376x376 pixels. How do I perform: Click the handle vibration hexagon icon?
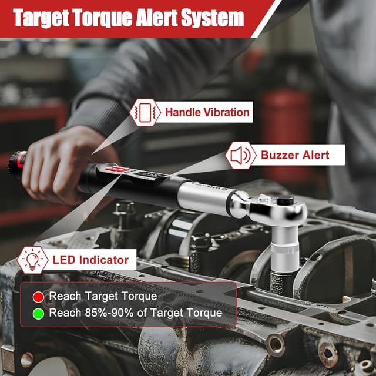tap(145, 112)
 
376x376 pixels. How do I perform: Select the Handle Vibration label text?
tap(207, 112)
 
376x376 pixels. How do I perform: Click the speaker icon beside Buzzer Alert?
tap(240, 155)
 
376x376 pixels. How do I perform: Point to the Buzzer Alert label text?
tap(295, 155)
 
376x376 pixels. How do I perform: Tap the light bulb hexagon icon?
tap(32, 260)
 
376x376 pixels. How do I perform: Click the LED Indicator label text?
tap(90, 260)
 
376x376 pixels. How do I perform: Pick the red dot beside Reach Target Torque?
tap(38, 297)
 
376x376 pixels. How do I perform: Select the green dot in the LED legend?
tap(38, 314)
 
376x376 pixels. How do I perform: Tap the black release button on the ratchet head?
tap(285, 200)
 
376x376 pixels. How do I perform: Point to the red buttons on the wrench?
tap(117, 170)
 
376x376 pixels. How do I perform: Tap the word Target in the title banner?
tap(42, 18)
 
